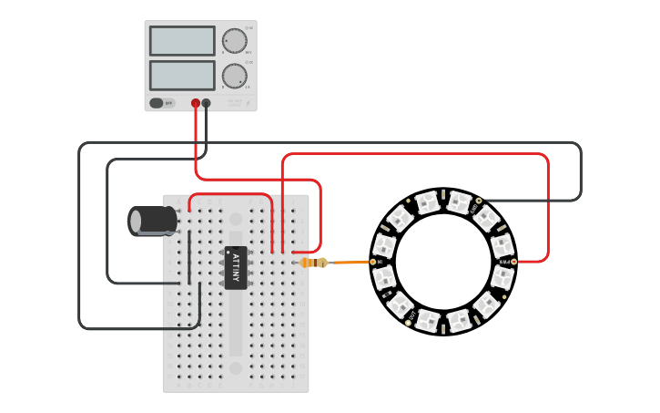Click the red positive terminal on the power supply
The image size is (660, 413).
click(x=196, y=103)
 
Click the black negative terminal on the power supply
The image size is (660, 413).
click(x=207, y=103)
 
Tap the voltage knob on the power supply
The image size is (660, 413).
click(x=234, y=41)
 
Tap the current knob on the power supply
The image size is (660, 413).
click(x=234, y=76)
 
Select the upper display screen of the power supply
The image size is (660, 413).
click(x=182, y=41)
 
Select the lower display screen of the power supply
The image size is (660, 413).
click(x=182, y=75)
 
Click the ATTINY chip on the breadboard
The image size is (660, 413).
click(x=235, y=265)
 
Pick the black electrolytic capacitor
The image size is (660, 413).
click(x=153, y=221)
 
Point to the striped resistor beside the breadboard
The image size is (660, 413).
click(x=314, y=263)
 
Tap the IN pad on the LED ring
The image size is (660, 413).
click(x=373, y=262)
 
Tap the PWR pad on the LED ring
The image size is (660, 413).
click(x=513, y=262)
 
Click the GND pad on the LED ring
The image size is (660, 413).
click(x=479, y=201)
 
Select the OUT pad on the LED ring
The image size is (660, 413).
click(x=407, y=323)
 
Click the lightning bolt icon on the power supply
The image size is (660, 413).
click(x=247, y=103)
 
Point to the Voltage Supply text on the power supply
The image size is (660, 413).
click(x=235, y=103)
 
